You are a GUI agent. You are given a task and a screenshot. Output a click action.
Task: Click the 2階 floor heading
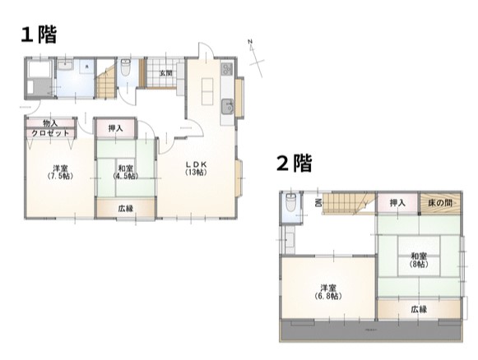(x=293, y=164)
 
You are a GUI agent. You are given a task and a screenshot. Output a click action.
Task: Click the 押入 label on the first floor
(x=115, y=128)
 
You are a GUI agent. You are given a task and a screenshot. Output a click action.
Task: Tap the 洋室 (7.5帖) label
(x=58, y=172)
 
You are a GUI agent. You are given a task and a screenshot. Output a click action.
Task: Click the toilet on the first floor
(x=126, y=71)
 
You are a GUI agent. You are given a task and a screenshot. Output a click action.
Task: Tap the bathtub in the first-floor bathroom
(x=38, y=83)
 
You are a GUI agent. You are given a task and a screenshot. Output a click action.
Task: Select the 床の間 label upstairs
(x=443, y=202)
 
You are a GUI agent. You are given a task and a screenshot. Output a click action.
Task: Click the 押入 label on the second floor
(x=398, y=202)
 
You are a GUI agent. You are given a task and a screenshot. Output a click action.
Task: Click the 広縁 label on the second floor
(x=419, y=309)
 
